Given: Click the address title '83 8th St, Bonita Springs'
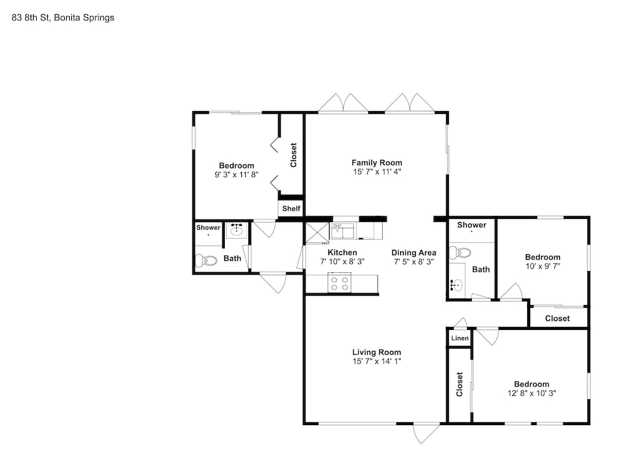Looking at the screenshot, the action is (x=63, y=18).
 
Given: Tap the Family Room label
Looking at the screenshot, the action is (x=377, y=162).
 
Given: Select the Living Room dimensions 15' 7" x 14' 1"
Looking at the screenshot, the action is (x=377, y=361).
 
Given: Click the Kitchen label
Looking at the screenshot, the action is (x=342, y=253).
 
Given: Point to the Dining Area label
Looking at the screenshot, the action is (x=413, y=253).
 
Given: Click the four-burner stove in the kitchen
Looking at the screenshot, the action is (x=339, y=283).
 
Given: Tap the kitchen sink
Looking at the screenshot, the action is (x=343, y=231).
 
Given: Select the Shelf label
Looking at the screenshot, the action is (x=291, y=209).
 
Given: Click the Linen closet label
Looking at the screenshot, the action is (x=460, y=338).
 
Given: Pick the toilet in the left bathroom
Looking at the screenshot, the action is (x=206, y=260).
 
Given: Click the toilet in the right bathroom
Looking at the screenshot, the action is (x=460, y=253).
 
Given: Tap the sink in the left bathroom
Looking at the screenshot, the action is (x=236, y=230).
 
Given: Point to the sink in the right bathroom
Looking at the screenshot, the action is (x=457, y=284).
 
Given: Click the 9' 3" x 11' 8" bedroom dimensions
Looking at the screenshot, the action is (x=236, y=175).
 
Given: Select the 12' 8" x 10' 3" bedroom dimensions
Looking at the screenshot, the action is (x=531, y=393).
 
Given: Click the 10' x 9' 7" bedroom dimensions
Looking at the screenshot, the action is (x=543, y=266).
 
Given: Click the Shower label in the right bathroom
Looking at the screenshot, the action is (x=472, y=225).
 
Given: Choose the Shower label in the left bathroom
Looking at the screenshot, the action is (x=208, y=227).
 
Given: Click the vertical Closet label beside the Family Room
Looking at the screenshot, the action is (x=293, y=155).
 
